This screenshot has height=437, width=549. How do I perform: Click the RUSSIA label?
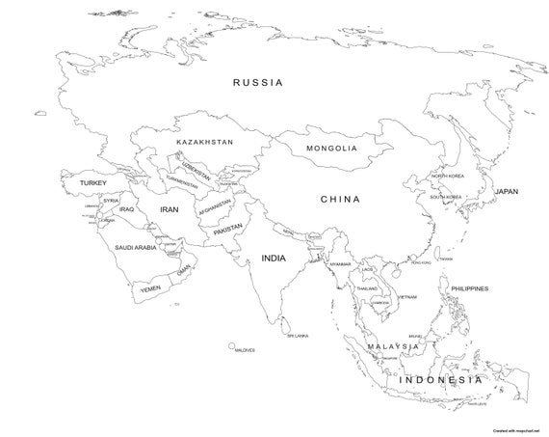(x=258, y=83)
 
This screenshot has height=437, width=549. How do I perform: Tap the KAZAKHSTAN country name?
(x=204, y=142)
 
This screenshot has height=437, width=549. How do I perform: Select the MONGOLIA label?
(x=331, y=149)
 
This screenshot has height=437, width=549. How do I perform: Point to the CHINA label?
(x=340, y=200)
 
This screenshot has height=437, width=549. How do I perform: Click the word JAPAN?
(x=507, y=191)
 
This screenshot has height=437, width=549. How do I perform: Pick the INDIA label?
(x=274, y=258)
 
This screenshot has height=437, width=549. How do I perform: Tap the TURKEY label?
(x=93, y=182)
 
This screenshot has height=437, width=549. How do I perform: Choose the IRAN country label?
(x=170, y=209)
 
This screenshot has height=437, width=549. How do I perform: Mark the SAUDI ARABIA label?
(x=135, y=248)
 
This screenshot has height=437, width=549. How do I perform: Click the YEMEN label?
(x=150, y=288)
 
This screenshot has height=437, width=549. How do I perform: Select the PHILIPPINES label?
(x=469, y=287)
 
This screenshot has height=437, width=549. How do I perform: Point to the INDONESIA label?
(x=439, y=380)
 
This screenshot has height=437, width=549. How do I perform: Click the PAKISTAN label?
(x=228, y=231)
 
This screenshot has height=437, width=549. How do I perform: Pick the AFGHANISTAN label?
(x=216, y=207)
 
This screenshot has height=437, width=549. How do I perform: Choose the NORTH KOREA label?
(x=447, y=177)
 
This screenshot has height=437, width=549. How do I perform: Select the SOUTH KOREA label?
(x=447, y=197)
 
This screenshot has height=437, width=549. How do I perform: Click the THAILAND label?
(x=367, y=288)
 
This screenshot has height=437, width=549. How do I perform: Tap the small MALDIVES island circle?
(x=232, y=343)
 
